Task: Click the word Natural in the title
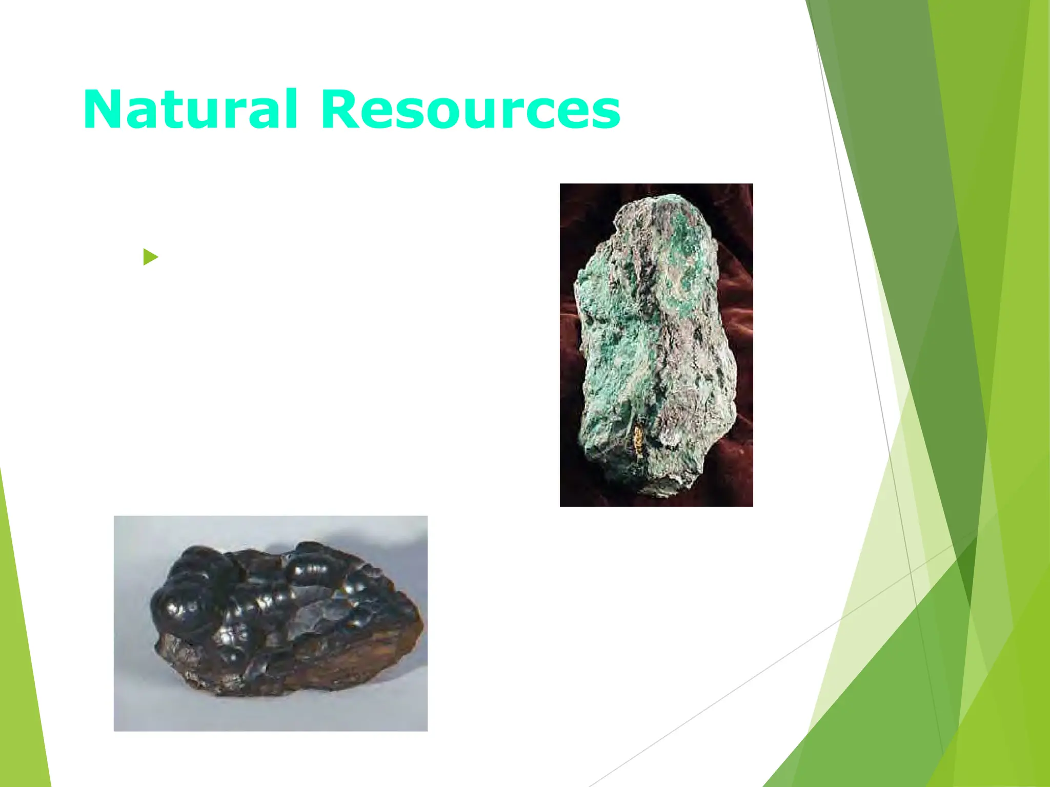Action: click(x=190, y=110)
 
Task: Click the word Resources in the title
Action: click(x=470, y=110)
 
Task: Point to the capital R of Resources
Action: click(x=339, y=110)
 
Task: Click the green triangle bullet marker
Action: click(x=150, y=257)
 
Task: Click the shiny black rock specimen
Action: click(x=287, y=620)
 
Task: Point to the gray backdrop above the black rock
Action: click(x=267, y=530)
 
